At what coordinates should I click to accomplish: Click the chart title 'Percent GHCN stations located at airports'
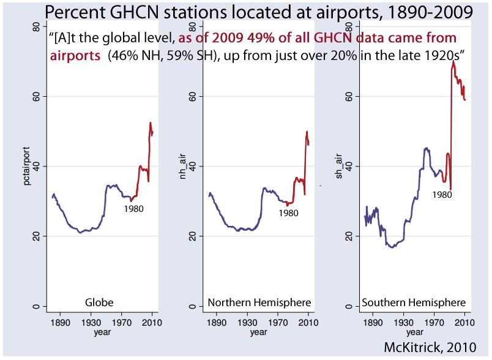245,13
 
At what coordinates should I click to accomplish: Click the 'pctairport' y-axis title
27,167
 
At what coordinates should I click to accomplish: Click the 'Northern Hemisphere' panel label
259,302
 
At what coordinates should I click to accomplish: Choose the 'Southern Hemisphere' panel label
414,302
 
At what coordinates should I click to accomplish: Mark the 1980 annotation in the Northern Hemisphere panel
288,213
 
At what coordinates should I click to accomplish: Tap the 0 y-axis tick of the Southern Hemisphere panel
349,306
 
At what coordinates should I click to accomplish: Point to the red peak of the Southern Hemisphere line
453,61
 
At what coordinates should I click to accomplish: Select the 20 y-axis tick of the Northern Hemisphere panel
192,236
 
